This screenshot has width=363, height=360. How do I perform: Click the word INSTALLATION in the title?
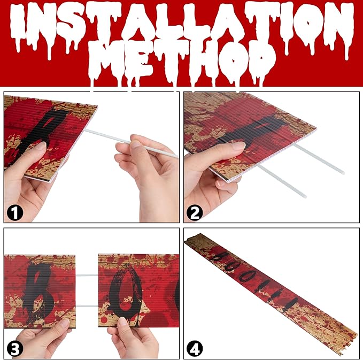click(x=182, y=27)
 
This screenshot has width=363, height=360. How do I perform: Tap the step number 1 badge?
click(x=15, y=213)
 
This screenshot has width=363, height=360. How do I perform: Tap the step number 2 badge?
click(x=195, y=213)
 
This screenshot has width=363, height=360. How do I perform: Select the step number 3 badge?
click(x=15, y=349)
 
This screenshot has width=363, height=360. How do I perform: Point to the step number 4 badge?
click(x=195, y=349)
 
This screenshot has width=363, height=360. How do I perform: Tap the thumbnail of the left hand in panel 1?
click(x=41, y=147)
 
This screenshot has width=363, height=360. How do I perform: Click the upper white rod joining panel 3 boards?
click(x=87, y=275)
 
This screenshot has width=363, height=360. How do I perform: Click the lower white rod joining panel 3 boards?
click(x=87, y=306)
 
